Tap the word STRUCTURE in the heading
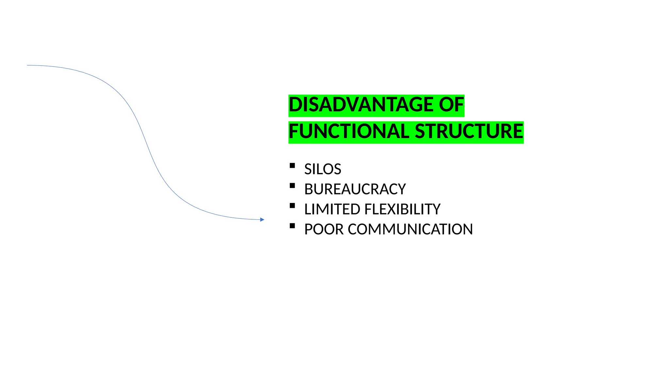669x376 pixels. click(x=469, y=132)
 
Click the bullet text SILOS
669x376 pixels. click(x=323, y=169)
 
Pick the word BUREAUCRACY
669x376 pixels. click(x=355, y=190)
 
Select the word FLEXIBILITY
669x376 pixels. click(x=402, y=210)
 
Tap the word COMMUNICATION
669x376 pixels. click(x=410, y=229)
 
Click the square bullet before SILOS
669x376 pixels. click(x=292, y=165)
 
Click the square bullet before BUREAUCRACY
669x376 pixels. click(x=292, y=186)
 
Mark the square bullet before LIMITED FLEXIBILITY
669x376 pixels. click(x=292, y=206)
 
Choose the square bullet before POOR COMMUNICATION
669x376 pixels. click(x=292, y=226)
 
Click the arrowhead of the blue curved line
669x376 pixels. click(x=262, y=220)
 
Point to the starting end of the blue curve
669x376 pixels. click(x=28, y=65)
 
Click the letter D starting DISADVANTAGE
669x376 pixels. click(x=295, y=105)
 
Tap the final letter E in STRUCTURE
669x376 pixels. click(x=518, y=132)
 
